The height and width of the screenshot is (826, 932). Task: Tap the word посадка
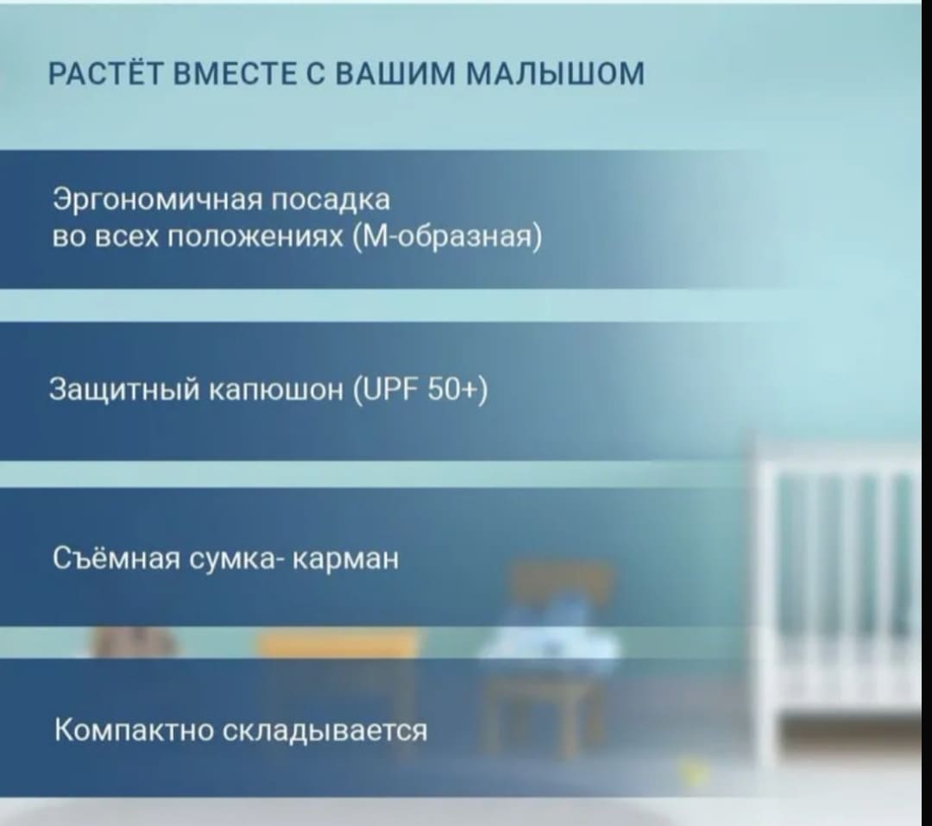coord(331,198)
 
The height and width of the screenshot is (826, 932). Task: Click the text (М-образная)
coord(447,237)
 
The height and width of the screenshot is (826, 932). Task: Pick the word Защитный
coord(125,391)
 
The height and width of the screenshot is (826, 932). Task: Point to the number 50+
coord(458,390)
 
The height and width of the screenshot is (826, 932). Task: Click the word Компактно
coord(134,729)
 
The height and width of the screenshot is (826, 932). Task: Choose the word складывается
coord(324,730)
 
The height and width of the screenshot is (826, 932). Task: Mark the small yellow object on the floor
coord(693,770)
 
